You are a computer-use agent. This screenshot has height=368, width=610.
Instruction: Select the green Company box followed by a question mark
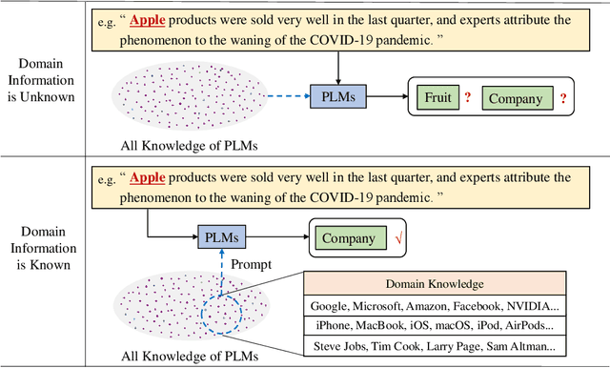[516, 97]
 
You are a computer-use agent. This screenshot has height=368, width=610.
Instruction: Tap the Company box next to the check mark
[348, 238]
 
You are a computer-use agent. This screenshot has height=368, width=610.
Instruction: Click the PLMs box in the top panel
[337, 96]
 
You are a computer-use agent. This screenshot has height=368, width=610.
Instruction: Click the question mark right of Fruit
[468, 97]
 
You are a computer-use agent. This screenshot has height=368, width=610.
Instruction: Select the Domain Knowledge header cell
[434, 284]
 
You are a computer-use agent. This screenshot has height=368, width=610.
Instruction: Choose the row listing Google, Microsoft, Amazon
[434, 305]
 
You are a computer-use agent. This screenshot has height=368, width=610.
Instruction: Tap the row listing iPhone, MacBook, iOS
[434, 326]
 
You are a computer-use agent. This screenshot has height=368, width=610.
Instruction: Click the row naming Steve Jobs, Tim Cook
[434, 347]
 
